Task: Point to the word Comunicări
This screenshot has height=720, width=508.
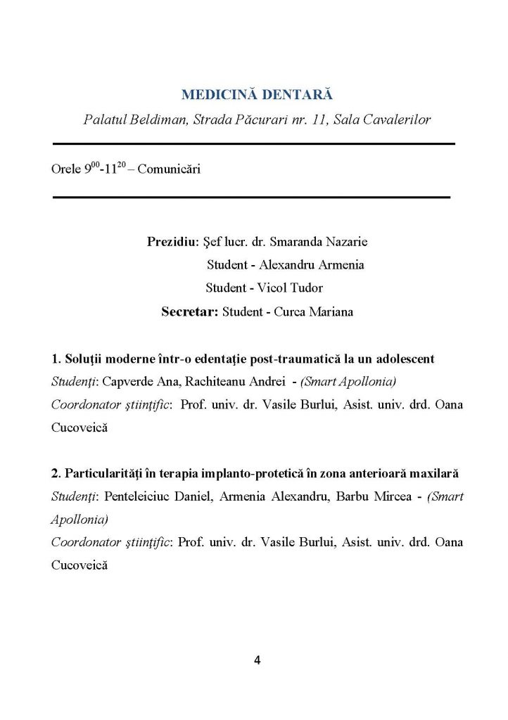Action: (166, 170)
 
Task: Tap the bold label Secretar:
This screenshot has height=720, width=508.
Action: (190, 311)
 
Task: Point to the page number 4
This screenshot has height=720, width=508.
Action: (257, 660)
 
